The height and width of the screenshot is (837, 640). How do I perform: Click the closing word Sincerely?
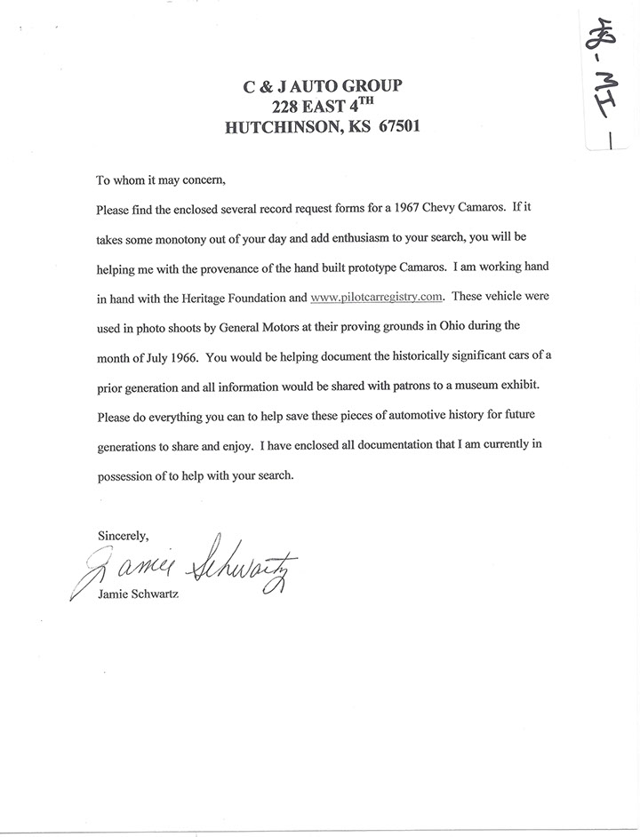pyautogui.click(x=123, y=536)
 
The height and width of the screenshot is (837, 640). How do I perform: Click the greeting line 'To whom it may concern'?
pyautogui.click(x=162, y=181)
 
